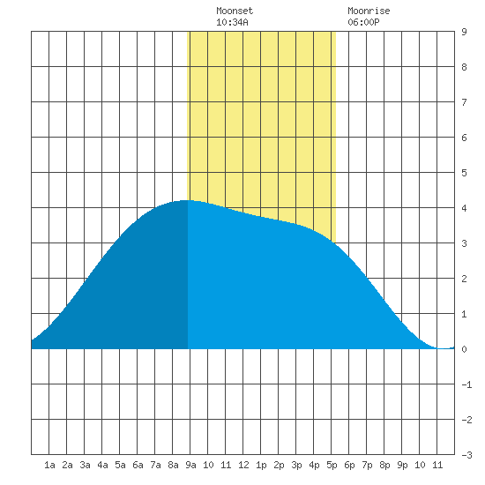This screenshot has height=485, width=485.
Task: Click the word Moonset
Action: click(x=235, y=11)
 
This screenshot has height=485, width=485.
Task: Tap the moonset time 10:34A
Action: click(x=232, y=22)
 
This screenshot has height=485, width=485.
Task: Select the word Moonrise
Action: click(x=369, y=11)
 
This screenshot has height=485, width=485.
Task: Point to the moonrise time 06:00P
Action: click(x=363, y=22)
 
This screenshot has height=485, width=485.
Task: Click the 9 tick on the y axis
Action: click(x=464, y=32)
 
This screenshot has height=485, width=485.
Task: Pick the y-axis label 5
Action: click(x=464, y=173)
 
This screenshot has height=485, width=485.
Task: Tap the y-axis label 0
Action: click(x=464, y=349)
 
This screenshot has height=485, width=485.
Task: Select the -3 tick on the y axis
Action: click(x=466, y=455)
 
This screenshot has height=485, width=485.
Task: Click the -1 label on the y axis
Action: click(x=466, y=384)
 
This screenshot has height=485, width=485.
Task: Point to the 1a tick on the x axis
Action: click(x=49, y=465)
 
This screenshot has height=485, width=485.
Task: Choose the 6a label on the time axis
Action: click(x=138, y=465)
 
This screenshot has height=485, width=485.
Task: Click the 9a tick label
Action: click(x=190, y=465)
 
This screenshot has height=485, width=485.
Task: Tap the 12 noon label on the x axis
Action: click(x=243, y=465)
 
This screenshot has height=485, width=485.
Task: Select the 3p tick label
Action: click(x=296, y=465)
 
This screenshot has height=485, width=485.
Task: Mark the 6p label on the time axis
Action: click(x=349, y=465)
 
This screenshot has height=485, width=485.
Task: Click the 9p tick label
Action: click(x=402, y=465)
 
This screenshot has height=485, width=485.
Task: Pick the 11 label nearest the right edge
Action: click(x=437, y=465)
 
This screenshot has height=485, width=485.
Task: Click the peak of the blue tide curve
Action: click(x=188, y=200)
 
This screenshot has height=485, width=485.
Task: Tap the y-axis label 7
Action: click(x=464, y=102)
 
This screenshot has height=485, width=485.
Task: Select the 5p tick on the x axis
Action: click(x=332, y=465)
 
